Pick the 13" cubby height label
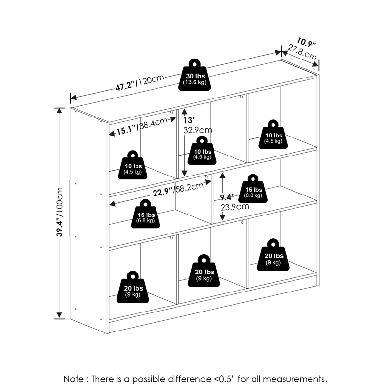coord(189,120)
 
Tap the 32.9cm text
coord(197,130)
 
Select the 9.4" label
coord(226,197)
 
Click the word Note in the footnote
coord(74,379)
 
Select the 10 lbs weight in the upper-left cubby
coord(133,166)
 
